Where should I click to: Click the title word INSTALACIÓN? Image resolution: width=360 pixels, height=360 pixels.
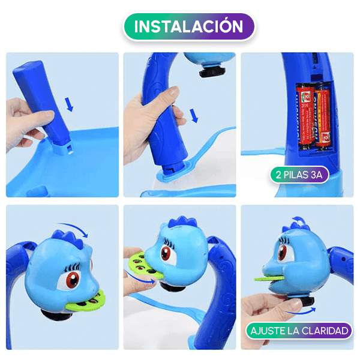[x=188, y=26]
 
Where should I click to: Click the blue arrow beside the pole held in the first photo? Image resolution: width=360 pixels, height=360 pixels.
[x=70, y=106]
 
